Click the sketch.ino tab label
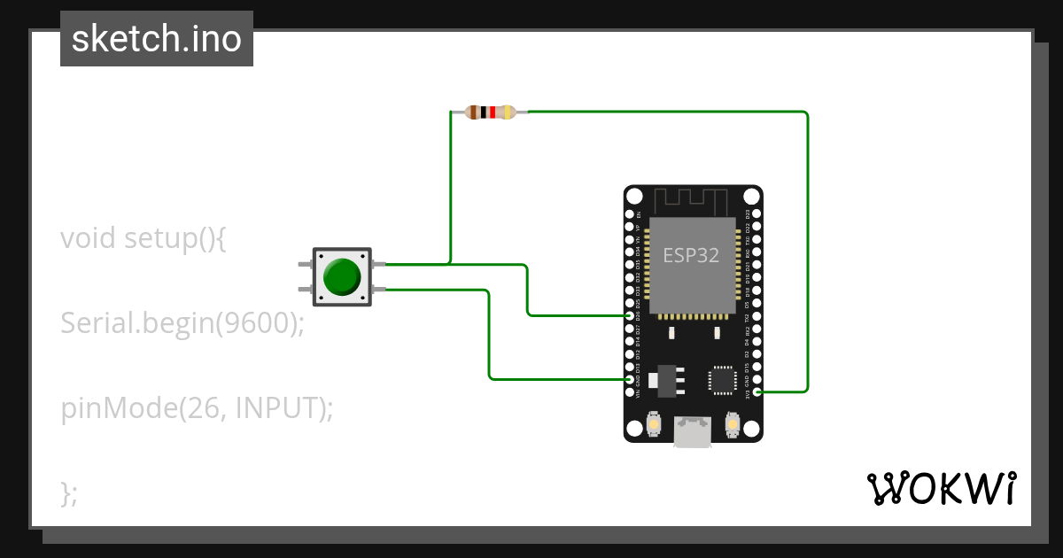157,39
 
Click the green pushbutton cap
342,276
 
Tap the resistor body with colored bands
491,112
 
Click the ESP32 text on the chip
691,255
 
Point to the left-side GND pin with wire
630,379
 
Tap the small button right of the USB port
732,425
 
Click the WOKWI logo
941,488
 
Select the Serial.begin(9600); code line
182,323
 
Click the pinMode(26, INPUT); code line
197,408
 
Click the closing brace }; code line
69,492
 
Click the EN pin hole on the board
630,214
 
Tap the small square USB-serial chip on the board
722,380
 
